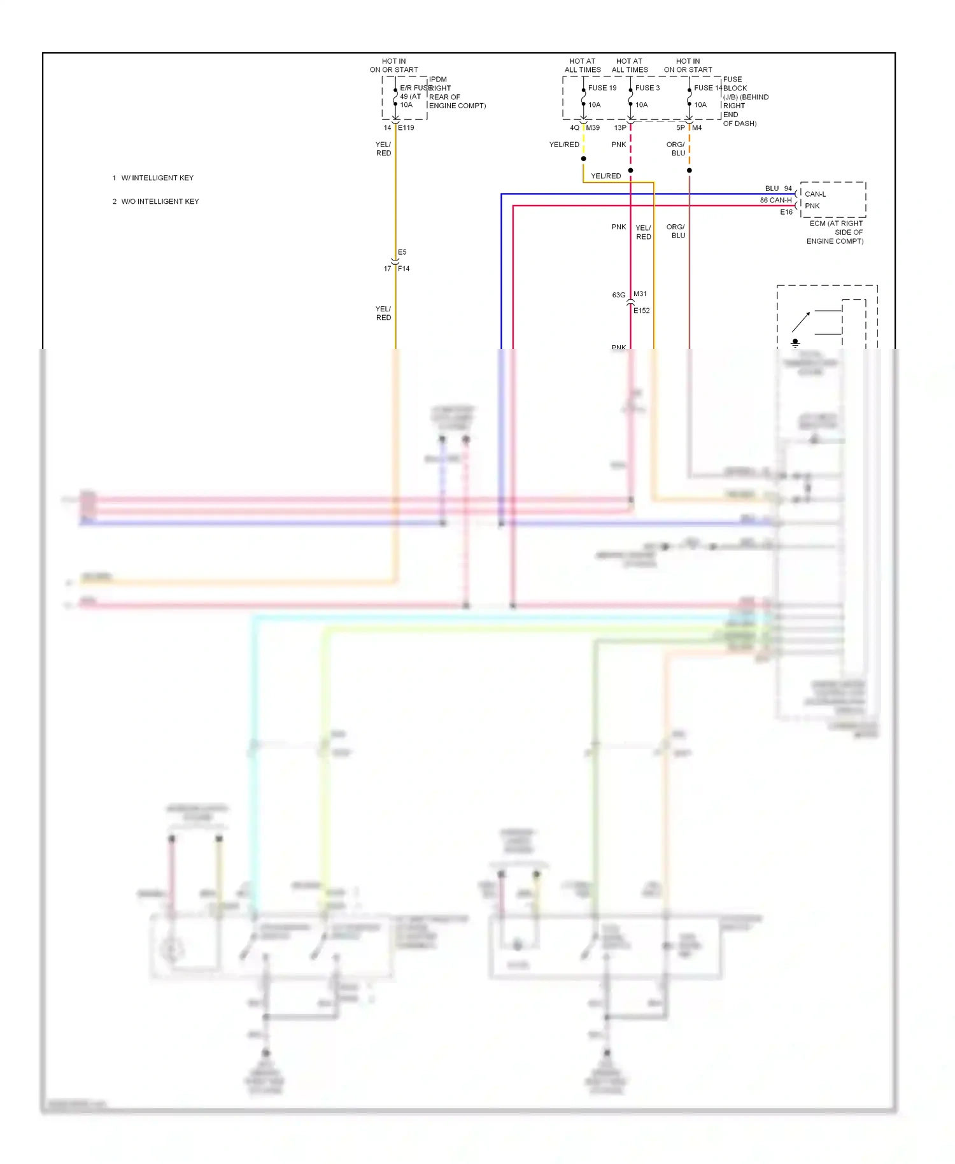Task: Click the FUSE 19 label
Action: point(602,88)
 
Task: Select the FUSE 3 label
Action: point(647,88)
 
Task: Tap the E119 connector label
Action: point(406,128)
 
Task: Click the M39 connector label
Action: point(593,128)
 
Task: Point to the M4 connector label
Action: point(697,128)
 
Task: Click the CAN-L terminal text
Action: point(815,194)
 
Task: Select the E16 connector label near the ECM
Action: point(786,212)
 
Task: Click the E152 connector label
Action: point(642,311)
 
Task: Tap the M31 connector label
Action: point(640,294)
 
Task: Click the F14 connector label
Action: point(404,269)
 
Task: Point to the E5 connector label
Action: point(402,252)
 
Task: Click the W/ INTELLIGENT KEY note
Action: point(157,178)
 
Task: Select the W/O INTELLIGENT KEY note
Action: point(160,202)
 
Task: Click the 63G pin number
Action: point(618,295)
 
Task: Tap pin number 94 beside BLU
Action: point(788,188)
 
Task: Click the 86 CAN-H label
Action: point(775,200)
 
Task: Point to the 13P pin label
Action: point(619,128)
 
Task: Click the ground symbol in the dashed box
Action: point(795,343)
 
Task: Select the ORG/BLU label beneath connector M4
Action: point(676,149)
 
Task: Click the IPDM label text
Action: point(438,80)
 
